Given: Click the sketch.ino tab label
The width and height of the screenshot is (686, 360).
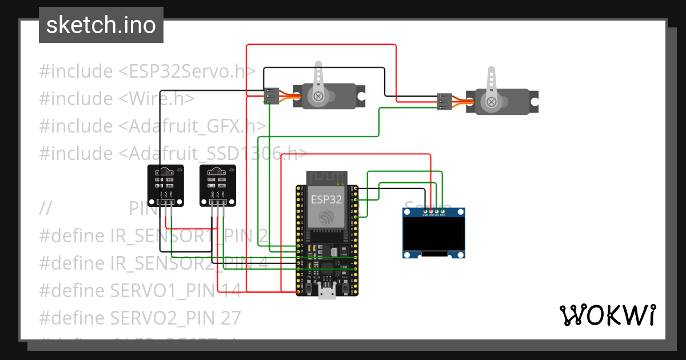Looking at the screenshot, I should [101, 25].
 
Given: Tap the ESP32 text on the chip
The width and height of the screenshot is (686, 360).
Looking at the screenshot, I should [326, 199].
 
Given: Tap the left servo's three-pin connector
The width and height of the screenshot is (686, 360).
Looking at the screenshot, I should [271, 95].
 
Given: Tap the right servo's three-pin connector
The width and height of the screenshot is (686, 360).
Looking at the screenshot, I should [444, 101].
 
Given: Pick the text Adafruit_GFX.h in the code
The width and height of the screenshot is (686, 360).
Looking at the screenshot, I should [197, 126].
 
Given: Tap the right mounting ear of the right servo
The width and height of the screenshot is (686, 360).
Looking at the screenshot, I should [533, 101].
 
